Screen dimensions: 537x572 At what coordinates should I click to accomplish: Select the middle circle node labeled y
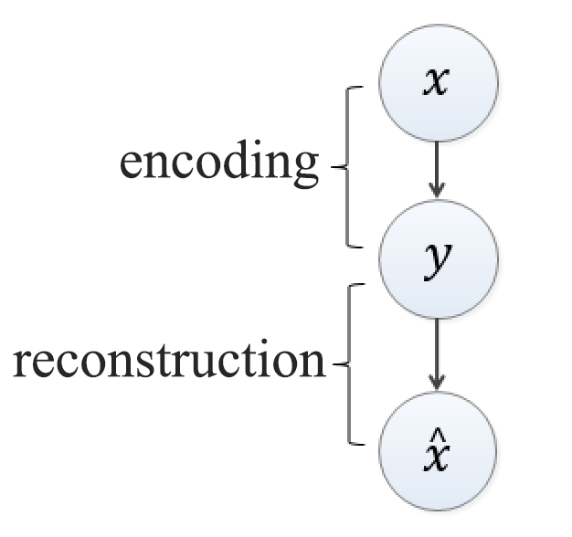[438, 261]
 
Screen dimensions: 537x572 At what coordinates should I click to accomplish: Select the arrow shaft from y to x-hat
[438, 347]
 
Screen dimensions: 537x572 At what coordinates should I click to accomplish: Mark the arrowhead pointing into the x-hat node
[438, 380]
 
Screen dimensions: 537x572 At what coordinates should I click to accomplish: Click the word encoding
[219, 164]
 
